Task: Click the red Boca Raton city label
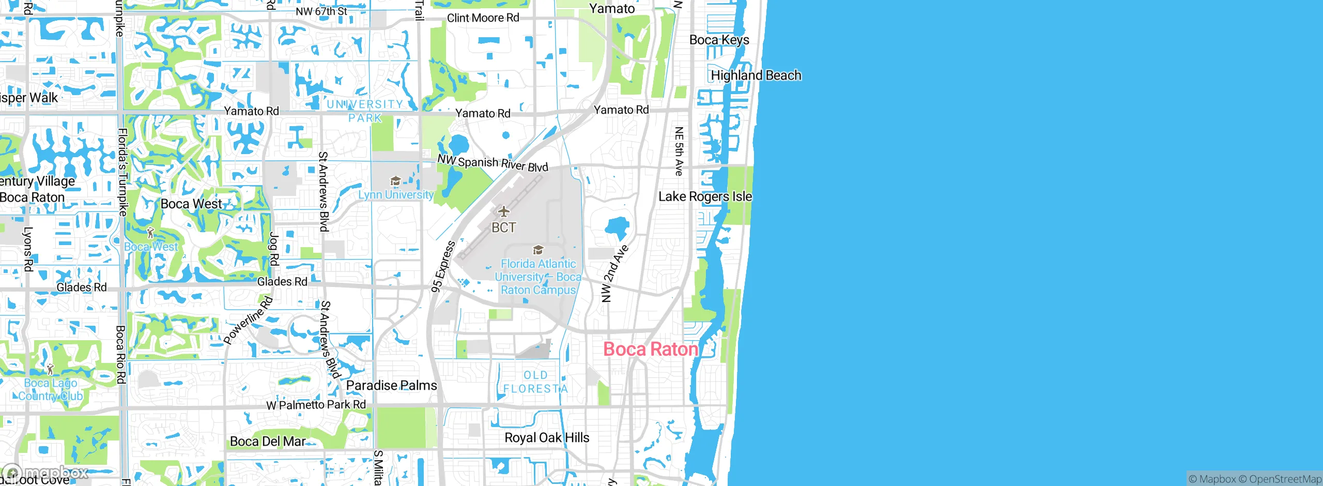tap(651, 350)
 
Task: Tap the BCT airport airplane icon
tap(503, 211)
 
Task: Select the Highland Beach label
tap(756, 75)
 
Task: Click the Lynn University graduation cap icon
tap(395, 181)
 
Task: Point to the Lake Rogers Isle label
tap(705, 196)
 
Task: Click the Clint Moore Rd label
tap(483, 18)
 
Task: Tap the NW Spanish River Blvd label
tap(493, 163)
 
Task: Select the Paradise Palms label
tap(391, 385)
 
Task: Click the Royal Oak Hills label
tap(546, 438)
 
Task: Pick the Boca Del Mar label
tap(268, 442)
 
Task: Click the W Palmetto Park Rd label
tap(316, 405)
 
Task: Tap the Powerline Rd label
tap(248, 320)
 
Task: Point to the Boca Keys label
tap(719, 40)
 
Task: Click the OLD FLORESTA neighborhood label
tap(535, 382)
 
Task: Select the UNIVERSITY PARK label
tap(365, 111)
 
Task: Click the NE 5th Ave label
tap(679, 151)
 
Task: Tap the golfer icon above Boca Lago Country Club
tap(50, 369)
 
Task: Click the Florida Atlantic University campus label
tap(538, 277)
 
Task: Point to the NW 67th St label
tap(321, 11)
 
